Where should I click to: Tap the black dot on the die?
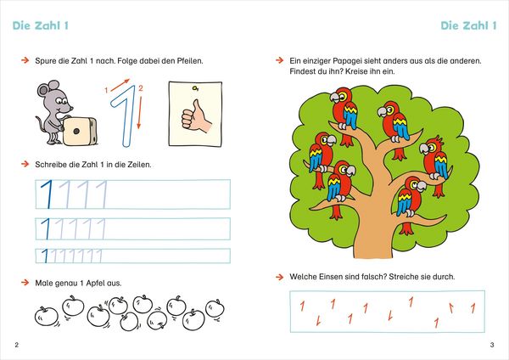76,131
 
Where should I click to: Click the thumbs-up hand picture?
195,114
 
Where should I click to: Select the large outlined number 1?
123,115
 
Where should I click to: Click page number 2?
17,345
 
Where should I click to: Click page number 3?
492,345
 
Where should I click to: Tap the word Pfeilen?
190,61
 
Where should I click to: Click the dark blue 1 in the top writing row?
48,194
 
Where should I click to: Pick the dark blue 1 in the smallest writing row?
45,256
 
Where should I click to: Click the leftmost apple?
47,316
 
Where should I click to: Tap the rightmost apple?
215,309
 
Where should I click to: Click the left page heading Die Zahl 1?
41,25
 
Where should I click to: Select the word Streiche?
402,277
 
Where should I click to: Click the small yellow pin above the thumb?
195,87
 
